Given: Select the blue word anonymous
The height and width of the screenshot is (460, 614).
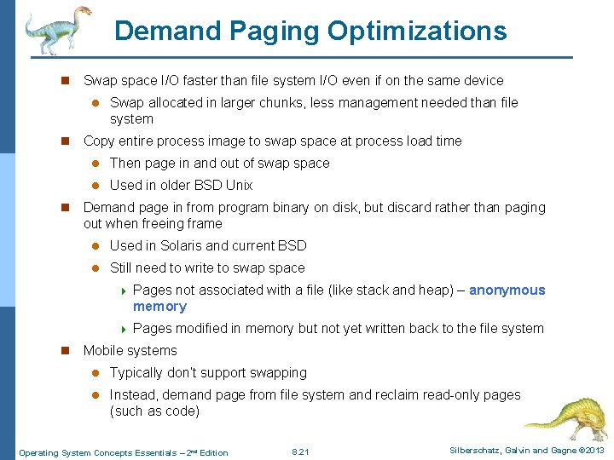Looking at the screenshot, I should coord(507,290).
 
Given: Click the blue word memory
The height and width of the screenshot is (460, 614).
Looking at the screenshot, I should coord(159,307).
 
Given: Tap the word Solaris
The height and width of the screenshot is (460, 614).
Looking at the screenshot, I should coord(177,246).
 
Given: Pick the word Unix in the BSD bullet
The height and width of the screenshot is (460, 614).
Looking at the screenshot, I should coord(239,186).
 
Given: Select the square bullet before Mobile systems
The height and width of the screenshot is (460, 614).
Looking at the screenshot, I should coord(62,351).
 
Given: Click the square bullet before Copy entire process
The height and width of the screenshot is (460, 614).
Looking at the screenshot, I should coord(62,141).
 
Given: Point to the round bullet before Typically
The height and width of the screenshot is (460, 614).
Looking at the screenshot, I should coord(96,373).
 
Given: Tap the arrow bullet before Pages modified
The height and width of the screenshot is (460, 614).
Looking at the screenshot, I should coord(124,329).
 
